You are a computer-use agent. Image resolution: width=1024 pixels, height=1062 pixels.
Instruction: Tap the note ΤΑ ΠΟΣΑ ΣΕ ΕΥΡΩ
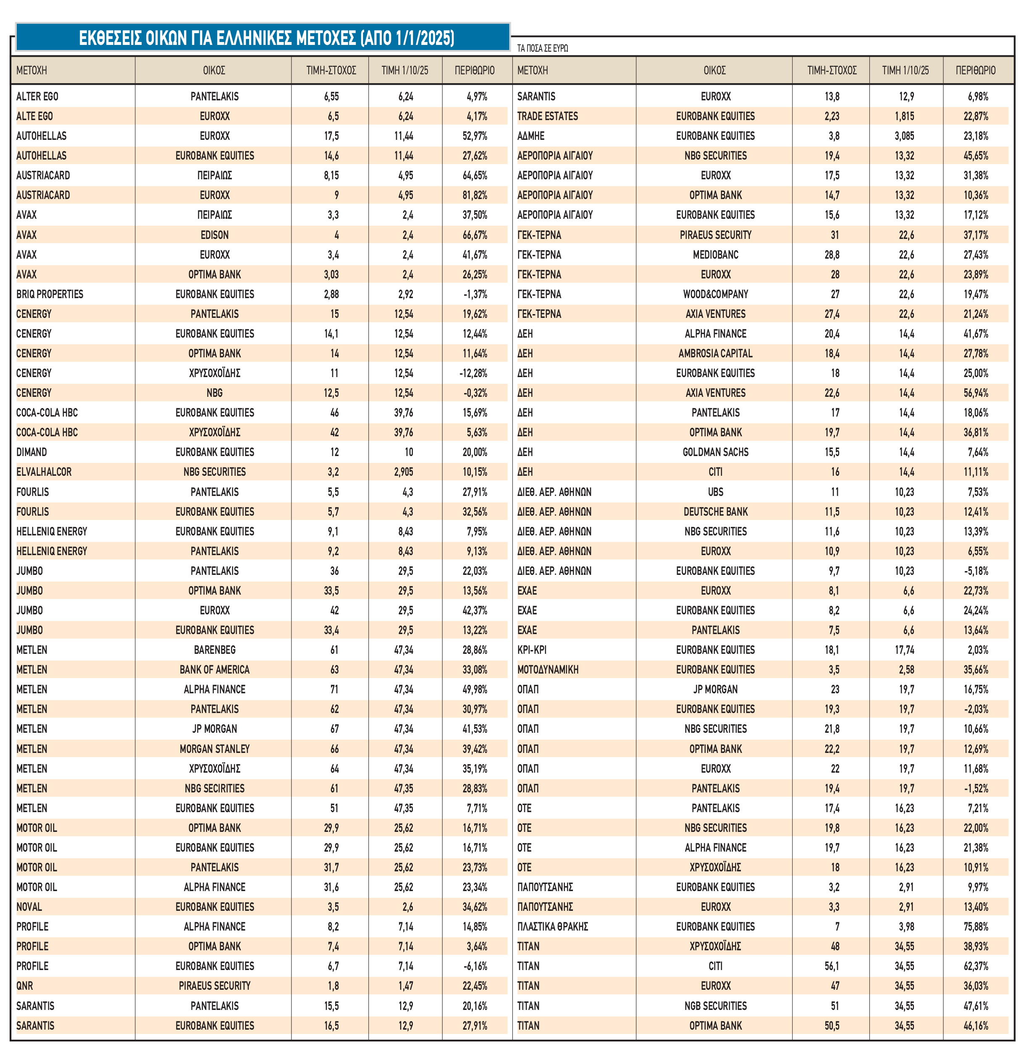542,48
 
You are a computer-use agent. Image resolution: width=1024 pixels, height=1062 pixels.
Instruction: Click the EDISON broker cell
215,235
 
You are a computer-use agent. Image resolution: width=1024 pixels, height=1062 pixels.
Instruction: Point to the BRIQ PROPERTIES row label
50,294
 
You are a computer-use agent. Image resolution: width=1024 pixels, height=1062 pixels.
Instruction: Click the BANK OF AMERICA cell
215,670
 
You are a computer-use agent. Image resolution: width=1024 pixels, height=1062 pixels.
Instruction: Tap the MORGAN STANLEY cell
215,749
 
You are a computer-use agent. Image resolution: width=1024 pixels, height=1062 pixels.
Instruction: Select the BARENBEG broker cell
215,650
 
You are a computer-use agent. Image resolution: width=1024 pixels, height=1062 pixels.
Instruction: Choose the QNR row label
24,986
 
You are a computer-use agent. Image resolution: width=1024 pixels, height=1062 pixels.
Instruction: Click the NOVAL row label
29,907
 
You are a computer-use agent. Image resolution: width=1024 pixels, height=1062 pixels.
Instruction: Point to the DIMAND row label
32,452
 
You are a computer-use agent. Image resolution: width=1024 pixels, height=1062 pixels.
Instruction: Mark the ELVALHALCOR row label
44,472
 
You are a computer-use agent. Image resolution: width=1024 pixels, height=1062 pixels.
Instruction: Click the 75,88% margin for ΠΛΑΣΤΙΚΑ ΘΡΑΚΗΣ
975,926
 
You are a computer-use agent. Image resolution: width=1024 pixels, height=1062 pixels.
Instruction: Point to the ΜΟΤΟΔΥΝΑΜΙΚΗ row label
548,670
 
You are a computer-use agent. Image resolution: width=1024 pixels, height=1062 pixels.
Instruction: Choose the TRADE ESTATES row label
548,116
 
